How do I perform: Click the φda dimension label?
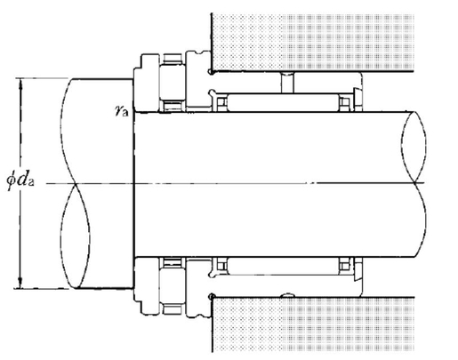20,180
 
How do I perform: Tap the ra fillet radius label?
122,111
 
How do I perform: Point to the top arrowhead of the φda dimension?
20,84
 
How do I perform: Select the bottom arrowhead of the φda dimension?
20,282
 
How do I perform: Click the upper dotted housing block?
312,42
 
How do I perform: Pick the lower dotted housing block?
313,324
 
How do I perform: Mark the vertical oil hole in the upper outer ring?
287,83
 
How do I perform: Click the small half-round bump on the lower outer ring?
287,295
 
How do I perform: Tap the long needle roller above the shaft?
283,102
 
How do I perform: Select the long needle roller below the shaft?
283,266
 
